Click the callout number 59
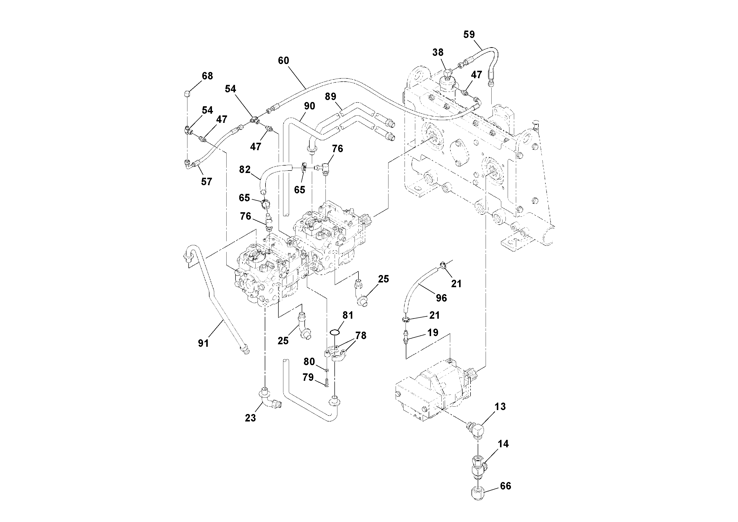coord(469,35)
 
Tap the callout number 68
coord(207,76)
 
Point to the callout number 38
coord(438,52)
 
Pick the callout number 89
coord(330,97)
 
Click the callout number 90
coord(310,106)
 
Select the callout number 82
coord(245,170)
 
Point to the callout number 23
coord(250,418)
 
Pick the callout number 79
coord(308,377)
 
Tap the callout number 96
coord(441,298)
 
